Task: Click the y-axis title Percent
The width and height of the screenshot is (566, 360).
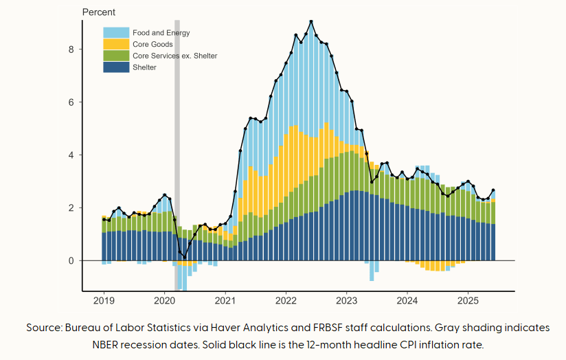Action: pos(99,12)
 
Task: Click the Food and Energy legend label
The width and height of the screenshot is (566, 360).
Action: pos(161,33)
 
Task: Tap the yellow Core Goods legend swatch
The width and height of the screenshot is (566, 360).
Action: pos(116,45)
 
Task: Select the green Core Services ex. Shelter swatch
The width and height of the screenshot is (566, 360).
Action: pos(116,56)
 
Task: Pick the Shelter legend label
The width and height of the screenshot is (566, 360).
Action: pos(144,67)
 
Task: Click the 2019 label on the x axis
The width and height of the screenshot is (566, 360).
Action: pos(104,301)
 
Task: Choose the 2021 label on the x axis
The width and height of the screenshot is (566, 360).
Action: pos(225,301)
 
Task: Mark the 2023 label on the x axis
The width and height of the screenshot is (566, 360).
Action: pos(347,301)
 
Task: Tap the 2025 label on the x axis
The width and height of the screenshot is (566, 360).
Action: pos(468,301)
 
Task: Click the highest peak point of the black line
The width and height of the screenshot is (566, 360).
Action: pos(311,21)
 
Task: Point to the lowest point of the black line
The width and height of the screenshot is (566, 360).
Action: pos(185,257)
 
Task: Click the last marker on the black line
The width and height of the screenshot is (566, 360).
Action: pos(493,190)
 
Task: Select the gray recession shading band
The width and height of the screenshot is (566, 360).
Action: pos(177,137)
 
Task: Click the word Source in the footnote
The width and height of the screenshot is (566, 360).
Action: pos(43,328)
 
